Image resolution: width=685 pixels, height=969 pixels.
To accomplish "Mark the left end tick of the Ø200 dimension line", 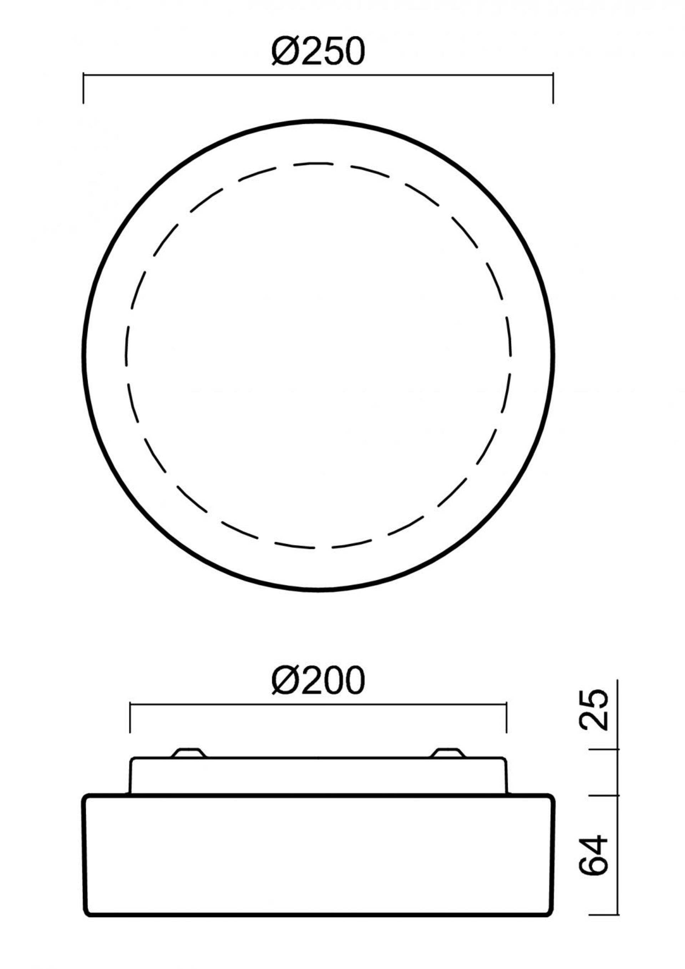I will pyautogui.click(x=130, y=718).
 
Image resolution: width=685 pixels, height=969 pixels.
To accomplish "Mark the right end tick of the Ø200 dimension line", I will pyautogui.click(x=506, y=718).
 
